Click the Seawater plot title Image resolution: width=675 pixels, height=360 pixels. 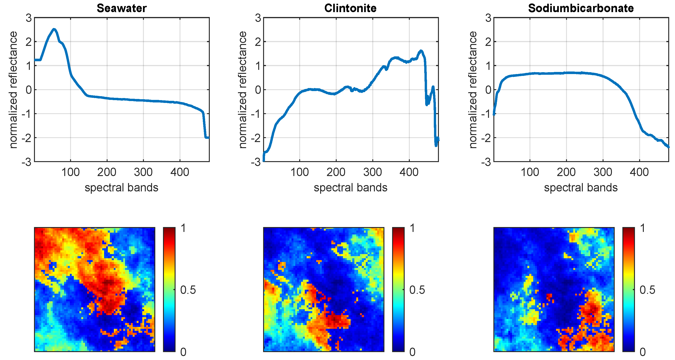coord(122,8)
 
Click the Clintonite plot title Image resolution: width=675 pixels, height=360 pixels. coord(350,8)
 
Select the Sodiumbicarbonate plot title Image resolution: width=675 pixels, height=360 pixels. coord(581,8)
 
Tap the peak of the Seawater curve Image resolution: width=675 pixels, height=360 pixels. coord(54,29)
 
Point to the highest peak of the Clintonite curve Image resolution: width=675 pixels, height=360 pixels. coord(421,51)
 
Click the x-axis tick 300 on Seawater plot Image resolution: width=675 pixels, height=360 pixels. coord(143,172)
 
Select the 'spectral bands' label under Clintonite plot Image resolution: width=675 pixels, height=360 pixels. coord(350,188)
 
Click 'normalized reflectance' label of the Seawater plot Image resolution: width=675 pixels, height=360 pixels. coord(13,90)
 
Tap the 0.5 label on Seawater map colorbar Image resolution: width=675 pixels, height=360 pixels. coord(188,290)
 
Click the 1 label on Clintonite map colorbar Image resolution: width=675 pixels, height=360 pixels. coord(412,228)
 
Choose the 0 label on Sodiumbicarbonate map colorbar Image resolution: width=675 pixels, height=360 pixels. coord(642,352)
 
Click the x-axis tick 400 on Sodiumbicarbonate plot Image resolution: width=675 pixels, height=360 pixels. coord(639,172)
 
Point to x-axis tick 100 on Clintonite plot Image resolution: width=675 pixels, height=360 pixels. coord(299,172)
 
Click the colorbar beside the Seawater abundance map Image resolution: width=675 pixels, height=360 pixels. coord(169,289)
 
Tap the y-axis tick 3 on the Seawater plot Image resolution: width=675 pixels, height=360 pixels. coord(29,18)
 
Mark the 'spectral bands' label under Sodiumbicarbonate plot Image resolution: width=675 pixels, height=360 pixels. coord(581,188)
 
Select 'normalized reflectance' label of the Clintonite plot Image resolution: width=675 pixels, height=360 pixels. coord(243,90)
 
